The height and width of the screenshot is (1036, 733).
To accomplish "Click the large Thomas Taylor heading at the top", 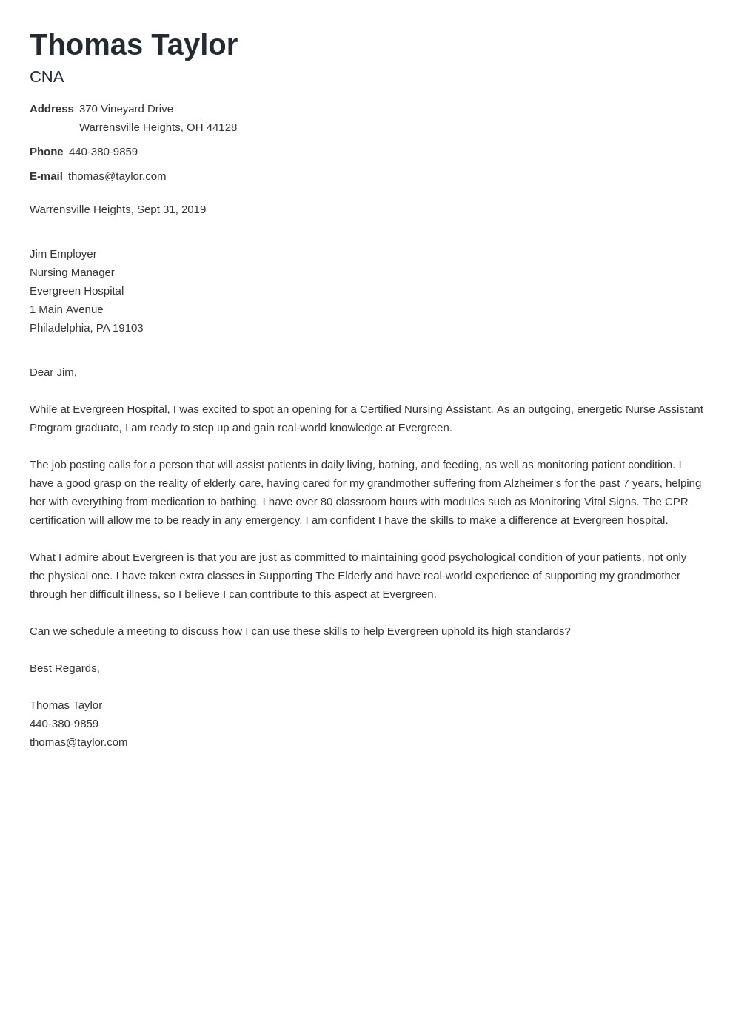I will click(133, 45).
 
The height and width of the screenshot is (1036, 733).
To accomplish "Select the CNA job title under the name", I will click(47, 77).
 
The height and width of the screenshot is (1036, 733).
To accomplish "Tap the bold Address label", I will click(51, 109).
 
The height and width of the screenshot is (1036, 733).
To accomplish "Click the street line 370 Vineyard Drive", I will click(126, 109).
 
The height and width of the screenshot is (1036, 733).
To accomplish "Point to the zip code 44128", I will click(221, 127).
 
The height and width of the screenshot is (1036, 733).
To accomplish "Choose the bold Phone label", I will click(46, 152).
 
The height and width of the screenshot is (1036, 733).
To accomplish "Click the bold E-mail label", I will click(46, 176).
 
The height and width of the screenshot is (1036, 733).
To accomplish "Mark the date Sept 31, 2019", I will click(171, 209).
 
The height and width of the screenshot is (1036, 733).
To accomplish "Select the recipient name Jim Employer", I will click(63, 254).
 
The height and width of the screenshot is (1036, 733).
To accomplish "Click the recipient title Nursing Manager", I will click(72, 272).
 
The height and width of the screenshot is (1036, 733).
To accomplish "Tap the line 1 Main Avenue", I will click(66, 309).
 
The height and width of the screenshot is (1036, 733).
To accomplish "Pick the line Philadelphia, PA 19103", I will click(86, 328).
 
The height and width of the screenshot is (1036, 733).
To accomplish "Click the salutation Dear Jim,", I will click(53, 372).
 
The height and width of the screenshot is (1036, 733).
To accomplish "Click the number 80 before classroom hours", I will click(327, 502).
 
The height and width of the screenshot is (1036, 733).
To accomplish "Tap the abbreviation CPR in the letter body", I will click(676, 502).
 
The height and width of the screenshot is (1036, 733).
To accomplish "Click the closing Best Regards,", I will click(64, 668).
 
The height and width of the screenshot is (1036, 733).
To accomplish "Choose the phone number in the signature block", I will click(64, 724).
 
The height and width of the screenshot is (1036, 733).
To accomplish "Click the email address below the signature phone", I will click(78, 742).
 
